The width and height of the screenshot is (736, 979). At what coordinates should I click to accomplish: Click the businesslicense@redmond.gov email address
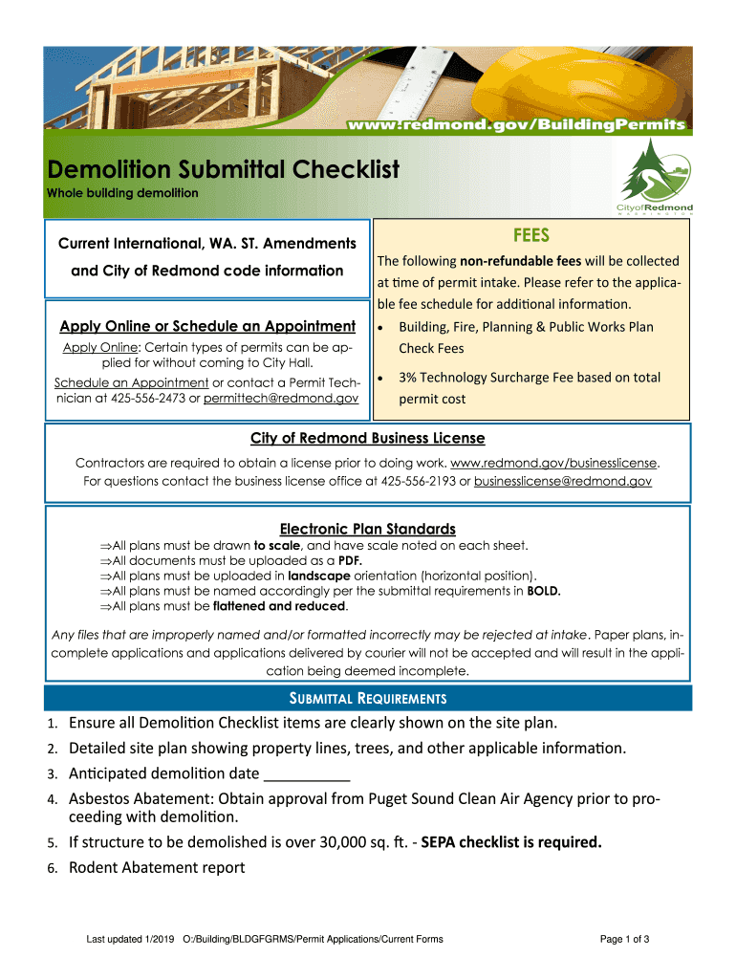tap(563, 481)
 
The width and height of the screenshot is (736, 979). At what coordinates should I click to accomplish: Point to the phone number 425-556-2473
tap(155, 397)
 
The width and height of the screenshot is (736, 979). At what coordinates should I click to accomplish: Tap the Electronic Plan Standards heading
tap(367, 529)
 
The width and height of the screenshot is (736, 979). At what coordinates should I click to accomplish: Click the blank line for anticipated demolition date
tap(306, 774)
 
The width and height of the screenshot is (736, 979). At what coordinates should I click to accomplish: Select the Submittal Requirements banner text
tap(368, 698)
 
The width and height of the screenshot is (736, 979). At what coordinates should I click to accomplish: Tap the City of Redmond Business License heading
tap(368, 438)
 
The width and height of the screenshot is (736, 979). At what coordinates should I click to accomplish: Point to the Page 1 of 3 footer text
tap(625, 940)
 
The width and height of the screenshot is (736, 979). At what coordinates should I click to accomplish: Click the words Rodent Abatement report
tap(157, 867)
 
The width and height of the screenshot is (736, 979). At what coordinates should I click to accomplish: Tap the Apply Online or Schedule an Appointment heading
tap(207, 326)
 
